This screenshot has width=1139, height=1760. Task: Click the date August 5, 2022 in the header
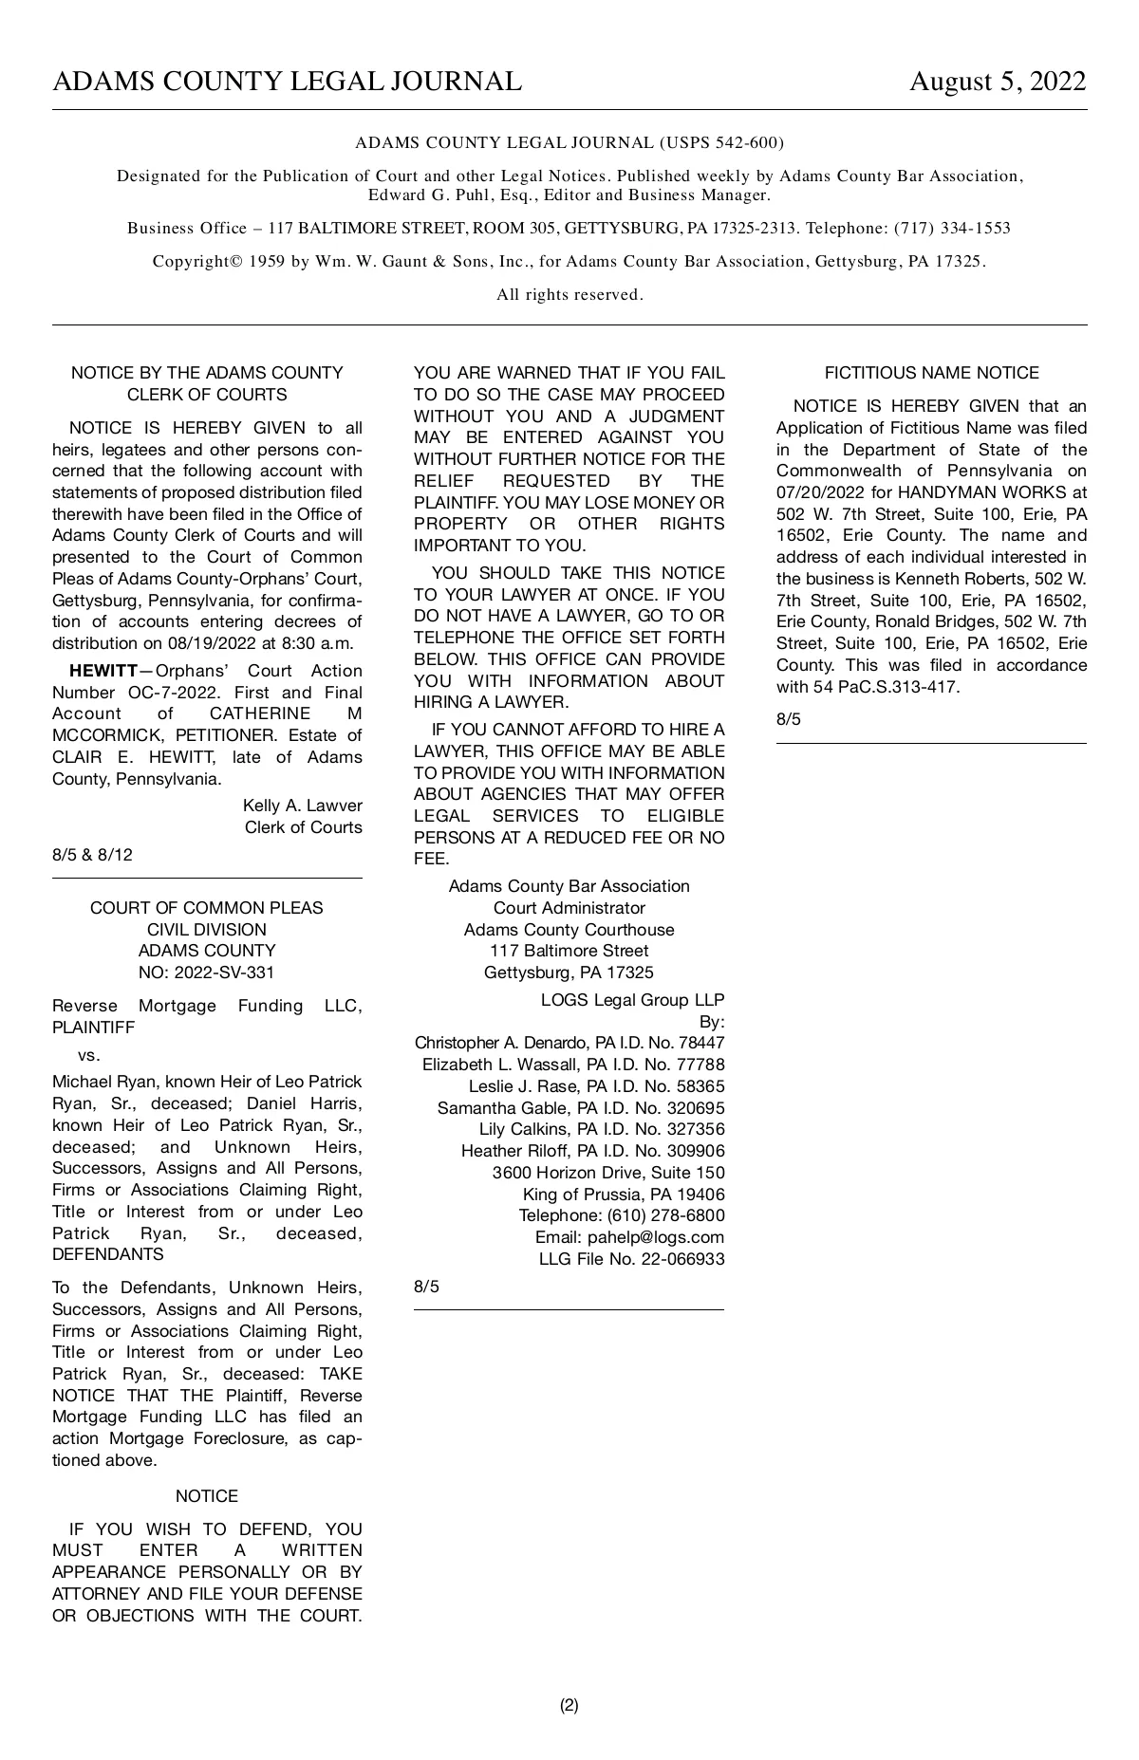[997, 82]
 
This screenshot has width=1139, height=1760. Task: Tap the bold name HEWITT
[103, 671]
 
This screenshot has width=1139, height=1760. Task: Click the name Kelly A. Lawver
[302, 806]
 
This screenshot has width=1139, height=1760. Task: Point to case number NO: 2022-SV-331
[207, 973]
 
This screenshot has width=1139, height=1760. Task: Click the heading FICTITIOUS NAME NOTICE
[931, 373]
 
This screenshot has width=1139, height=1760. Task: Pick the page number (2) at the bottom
[569, 1705]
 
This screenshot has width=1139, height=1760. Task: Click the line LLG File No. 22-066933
[631, 1259]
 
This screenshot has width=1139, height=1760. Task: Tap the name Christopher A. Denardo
[503, 1043]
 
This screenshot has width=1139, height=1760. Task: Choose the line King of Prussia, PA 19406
[623, 1195]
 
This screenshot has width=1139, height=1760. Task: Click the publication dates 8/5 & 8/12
[92, 855]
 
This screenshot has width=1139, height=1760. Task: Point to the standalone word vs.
[89, 1055]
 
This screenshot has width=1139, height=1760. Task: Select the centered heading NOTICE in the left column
[207, 1496]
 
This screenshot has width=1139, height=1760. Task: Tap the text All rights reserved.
[569, 295]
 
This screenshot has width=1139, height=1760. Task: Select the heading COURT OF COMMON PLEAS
[207, 908]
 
